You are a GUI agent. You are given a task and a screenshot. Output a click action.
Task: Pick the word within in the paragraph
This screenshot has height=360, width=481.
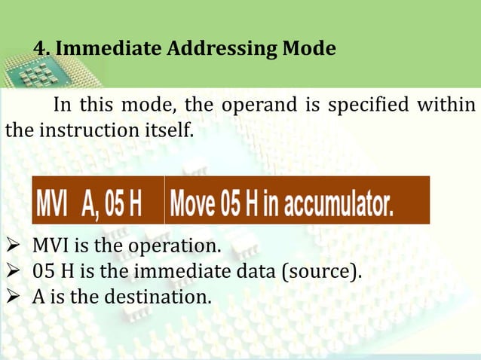tap(451, 104)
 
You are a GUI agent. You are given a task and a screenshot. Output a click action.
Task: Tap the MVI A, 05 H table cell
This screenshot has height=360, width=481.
tap(98, 201)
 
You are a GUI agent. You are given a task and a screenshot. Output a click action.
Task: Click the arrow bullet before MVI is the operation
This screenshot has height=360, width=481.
tap(13, 246)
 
